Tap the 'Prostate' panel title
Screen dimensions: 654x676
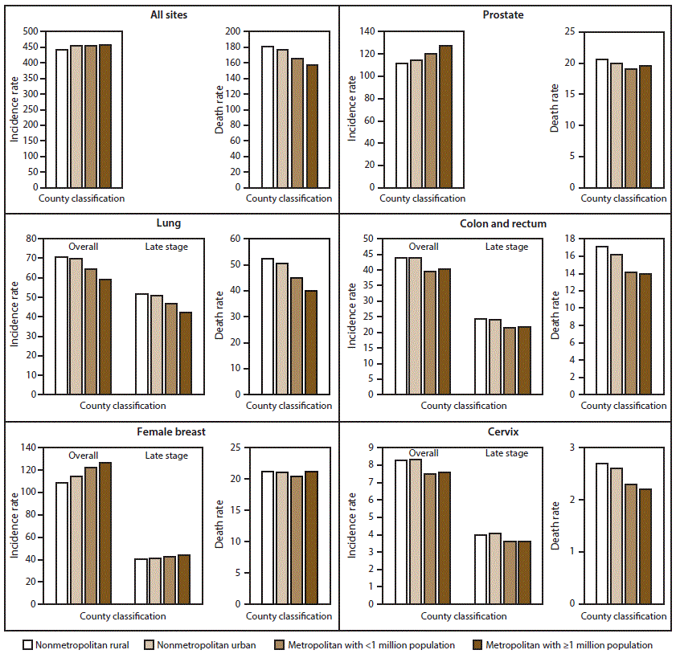coord(506,15)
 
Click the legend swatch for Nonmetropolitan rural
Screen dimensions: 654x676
coord(28,644)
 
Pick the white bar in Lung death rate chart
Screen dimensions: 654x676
coord(268,326)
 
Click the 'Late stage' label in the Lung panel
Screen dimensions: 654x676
coord(166,247)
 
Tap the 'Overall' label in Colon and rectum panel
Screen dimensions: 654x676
coord(424,247)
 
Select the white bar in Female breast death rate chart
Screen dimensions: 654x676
coord(268,538)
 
